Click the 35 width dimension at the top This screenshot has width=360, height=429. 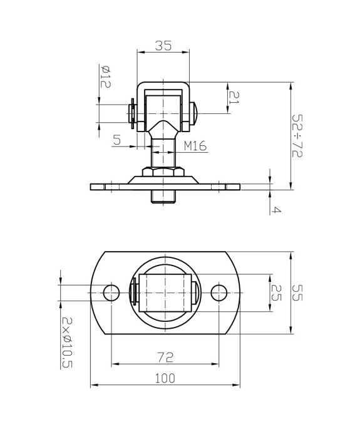[x=163, y=46]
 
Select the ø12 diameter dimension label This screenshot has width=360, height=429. [x=105, y=76]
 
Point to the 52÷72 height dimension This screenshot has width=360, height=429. [x=297, y=135]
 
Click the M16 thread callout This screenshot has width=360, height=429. [x=196, y=146]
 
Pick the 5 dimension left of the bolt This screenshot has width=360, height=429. [x=117, y=140]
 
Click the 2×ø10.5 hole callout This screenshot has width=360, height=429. [x=66, y=342]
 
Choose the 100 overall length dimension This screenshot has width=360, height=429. [x=165, y=378]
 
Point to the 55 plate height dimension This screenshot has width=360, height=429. [x=297, y=293]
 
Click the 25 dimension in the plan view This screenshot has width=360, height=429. [x=275, y=292]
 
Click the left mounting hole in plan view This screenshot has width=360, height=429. [x=111, y=292]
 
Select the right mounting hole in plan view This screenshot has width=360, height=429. [x=219, y=292]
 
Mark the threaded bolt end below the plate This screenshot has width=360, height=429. [x=163, y=197]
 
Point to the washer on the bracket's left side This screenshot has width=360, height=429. [x=132, y=114]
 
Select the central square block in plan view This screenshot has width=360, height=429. [x=163, y=292]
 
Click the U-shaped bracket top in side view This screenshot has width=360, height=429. [x=163, y=85]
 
